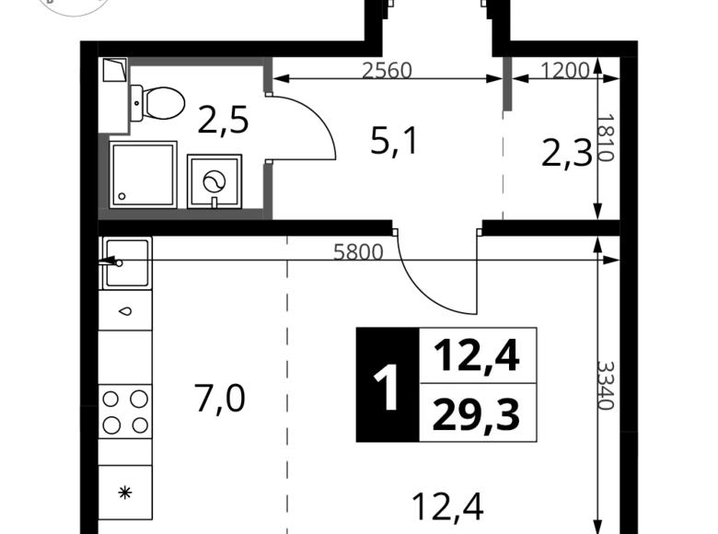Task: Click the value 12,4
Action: tap(477, 355)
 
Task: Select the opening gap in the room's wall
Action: tap(268, 129)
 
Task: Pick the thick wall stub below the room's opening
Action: tap(268, 189)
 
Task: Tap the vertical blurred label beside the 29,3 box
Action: tap(608, 386)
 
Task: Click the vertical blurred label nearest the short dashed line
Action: tap(607, 138)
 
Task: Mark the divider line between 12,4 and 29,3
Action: tap(477, 383)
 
